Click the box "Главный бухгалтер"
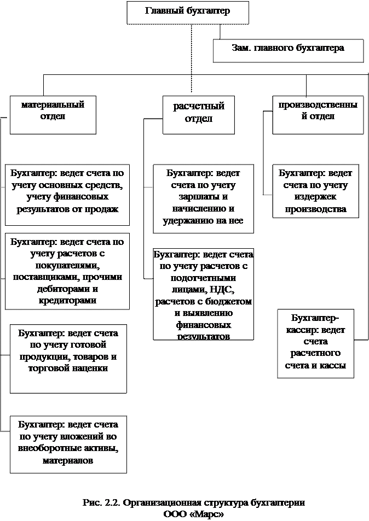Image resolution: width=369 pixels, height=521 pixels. point(188,12)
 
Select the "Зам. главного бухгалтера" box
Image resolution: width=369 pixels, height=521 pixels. point(288,50)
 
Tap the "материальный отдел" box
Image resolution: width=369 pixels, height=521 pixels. point(53,114)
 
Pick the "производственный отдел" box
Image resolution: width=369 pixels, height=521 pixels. point(318,114)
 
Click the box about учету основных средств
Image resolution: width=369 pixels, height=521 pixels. point(67,194)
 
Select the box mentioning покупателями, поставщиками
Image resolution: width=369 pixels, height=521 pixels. point(67,271)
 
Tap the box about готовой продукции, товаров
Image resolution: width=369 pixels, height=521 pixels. point(68,358)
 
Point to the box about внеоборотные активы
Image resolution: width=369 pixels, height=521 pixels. point(68,444)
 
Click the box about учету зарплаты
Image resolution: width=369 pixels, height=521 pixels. point(203,197)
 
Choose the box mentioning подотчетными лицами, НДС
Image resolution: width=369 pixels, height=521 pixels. point(203,294)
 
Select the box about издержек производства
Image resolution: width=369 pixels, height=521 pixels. point(316,191)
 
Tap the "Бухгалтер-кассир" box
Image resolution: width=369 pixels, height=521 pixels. point(315,343)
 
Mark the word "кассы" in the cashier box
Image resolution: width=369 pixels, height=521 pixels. point(333,366)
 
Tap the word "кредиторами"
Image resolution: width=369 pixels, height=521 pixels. point(68,301)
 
